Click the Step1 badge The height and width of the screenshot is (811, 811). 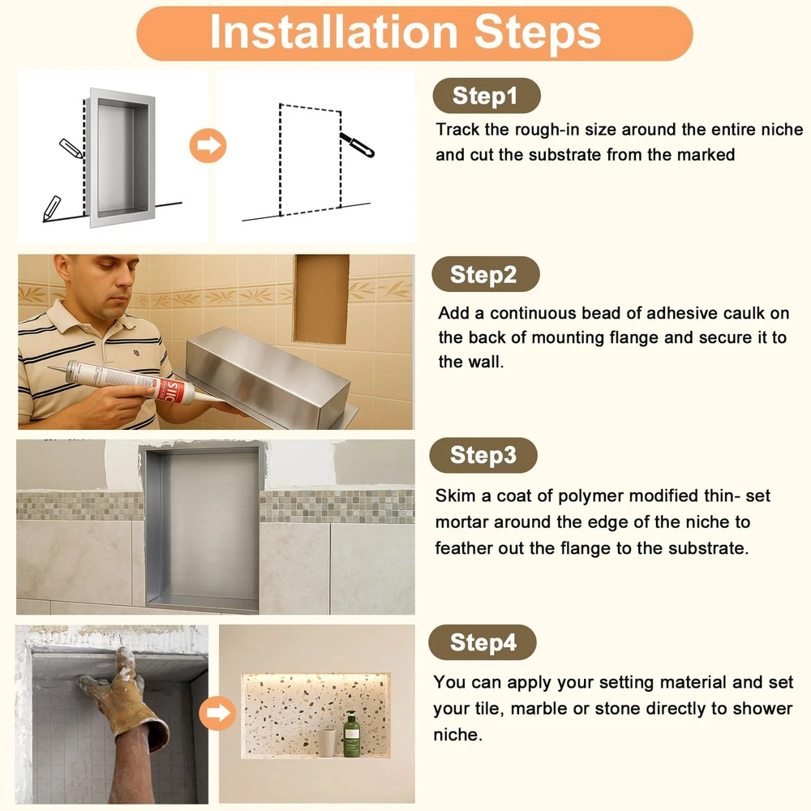(486, 96)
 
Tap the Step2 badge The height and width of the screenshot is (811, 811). (485, 274)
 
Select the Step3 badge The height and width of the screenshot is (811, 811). (483, 455)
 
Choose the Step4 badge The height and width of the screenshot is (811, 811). (482, 642)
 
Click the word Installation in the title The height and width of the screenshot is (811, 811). (333, 32)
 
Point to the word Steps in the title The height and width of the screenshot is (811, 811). (538, 33)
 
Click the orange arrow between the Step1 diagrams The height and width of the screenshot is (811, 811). (208, 145)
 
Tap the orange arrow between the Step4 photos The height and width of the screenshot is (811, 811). (217, 713)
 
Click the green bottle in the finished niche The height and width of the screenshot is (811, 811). (352, 735)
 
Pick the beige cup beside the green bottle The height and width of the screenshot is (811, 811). (326, 743)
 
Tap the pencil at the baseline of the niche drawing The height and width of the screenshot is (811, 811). (51, 208)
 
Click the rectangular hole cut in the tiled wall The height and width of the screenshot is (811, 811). (321, 299)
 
